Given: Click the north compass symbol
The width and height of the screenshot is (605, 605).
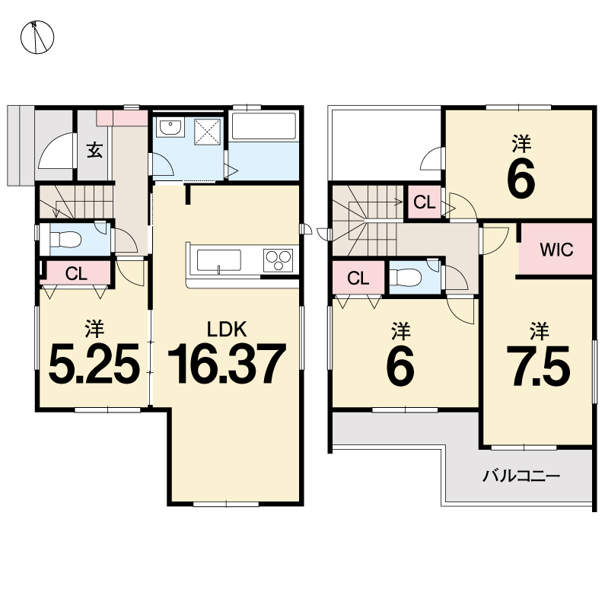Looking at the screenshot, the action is (37, 37).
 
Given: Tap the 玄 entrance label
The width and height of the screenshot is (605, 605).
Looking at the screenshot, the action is (94, 150).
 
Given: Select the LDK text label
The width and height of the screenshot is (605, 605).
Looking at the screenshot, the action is (227, 330).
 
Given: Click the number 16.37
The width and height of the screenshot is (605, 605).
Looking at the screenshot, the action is (227, 365).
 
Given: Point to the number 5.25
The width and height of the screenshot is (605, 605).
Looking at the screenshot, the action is (94, 365).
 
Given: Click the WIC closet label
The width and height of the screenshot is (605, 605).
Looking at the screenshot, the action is (556, 250).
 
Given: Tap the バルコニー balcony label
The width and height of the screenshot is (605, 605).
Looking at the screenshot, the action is (521, 476).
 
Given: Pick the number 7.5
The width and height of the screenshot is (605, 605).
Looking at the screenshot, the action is (538, 366).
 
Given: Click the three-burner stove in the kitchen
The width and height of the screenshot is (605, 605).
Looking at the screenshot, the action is (279, 260).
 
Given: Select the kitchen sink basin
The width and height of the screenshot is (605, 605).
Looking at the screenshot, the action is (218, 260).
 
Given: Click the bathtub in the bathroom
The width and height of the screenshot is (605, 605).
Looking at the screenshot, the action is (264, 126).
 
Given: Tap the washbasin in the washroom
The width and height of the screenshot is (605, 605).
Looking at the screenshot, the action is (170, 127).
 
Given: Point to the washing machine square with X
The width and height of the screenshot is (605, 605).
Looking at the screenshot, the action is (207, 132).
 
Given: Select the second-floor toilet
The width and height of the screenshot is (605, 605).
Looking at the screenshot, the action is (405, 277).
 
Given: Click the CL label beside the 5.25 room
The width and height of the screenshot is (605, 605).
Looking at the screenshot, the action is (76, 274).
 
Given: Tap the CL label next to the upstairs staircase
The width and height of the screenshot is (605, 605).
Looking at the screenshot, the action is (425, 202).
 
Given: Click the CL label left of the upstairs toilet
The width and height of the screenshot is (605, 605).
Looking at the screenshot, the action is (358, 278).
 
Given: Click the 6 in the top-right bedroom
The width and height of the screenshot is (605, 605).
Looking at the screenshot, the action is (521, 177).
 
